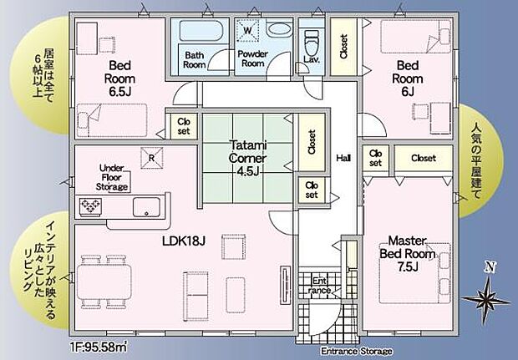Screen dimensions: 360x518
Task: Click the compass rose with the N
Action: pos(488,294)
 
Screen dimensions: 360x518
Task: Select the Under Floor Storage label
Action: pos(112,177)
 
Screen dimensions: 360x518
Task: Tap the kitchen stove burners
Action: pos(89,205)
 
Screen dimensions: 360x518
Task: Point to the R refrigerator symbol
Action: pos(150,157)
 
